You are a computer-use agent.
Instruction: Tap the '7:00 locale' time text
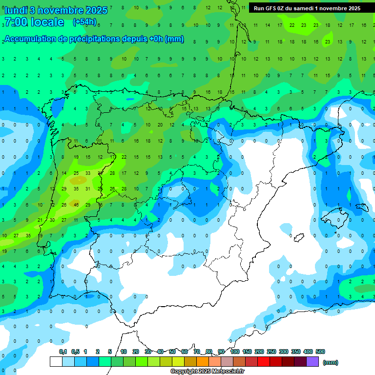(x=34, y=22)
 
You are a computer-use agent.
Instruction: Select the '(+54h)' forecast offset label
(x=84, y=21)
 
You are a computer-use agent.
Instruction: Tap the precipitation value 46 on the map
(x=76, y=205)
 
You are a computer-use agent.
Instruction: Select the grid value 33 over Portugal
(x=87, y=173)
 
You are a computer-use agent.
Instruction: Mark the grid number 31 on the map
(x=87, y=188)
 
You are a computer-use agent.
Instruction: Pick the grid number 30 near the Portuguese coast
(x=52, y=220)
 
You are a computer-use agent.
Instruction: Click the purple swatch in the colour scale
(x=312, y=361)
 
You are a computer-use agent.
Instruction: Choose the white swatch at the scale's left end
(x=56, y=361)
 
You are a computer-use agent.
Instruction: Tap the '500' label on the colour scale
(x=320, y=352)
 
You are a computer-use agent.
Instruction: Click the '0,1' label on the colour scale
(x=63, y=352)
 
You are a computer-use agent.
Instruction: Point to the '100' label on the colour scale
(x=235, y=352)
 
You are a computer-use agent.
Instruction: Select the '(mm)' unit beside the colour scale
(x=331, y=362)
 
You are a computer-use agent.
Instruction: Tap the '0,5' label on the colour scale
(x=75, y=352)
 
